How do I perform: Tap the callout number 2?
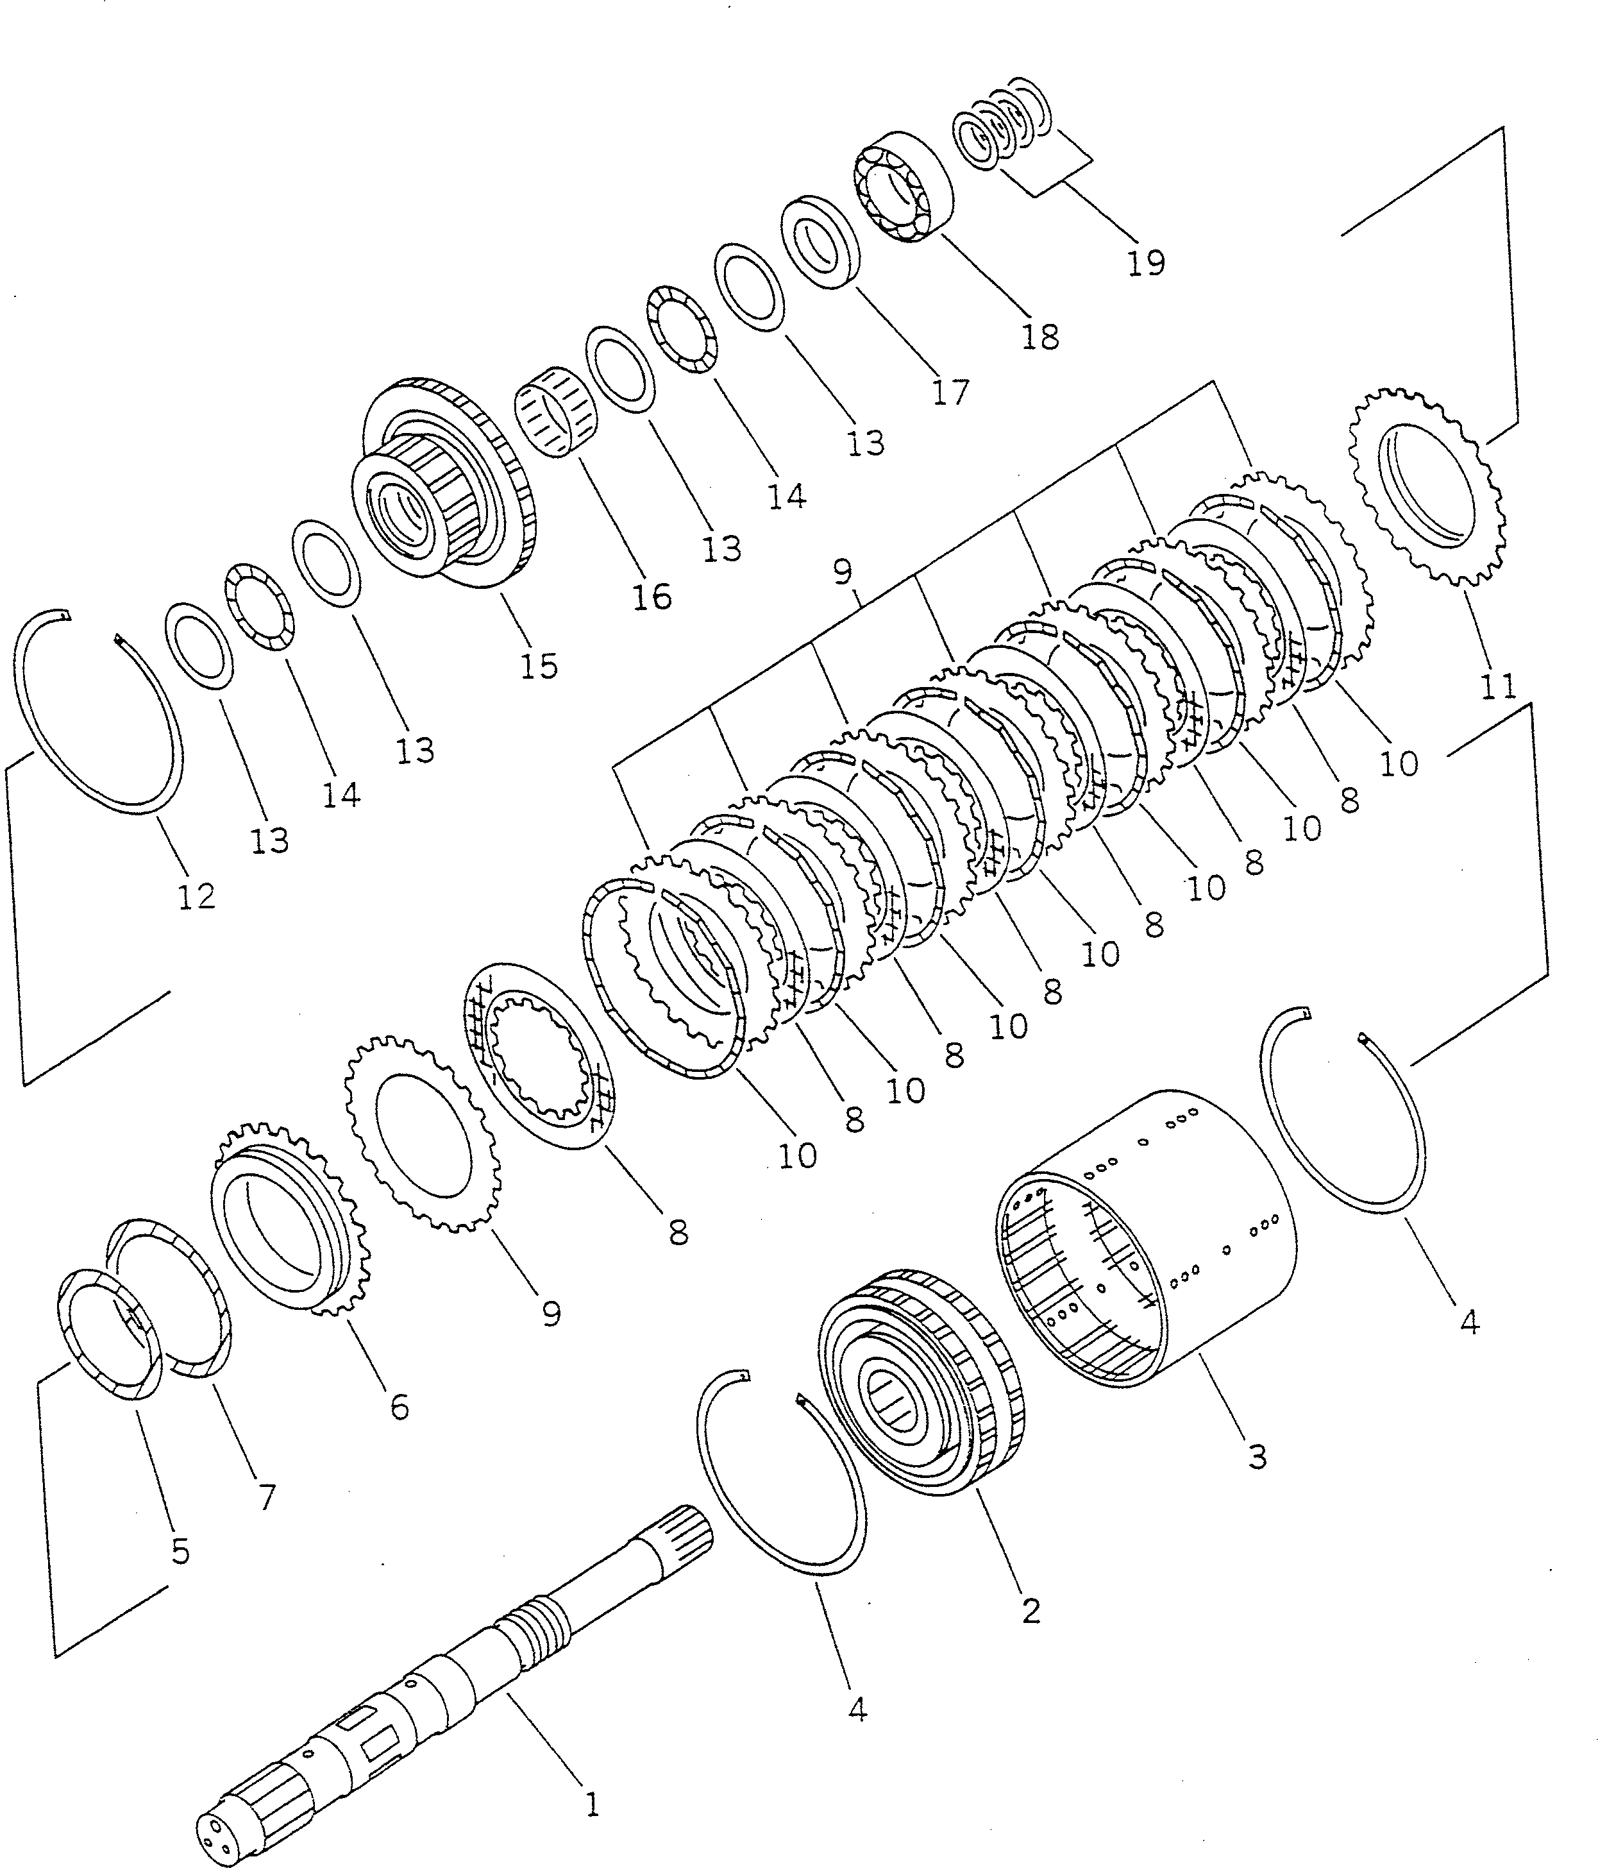[x=1031, y=1610]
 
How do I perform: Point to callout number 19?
[x=1145, y=262]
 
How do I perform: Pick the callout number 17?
[x=950, y=391]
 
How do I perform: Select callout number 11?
[x=1498, y=687]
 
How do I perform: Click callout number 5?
[x=180, y=1552]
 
